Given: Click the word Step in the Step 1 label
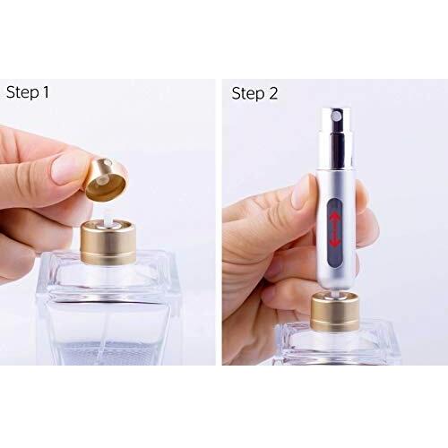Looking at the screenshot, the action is coord(22,92).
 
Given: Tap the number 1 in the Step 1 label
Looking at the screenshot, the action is coord(46,91).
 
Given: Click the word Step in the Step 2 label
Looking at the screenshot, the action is coord(248,93).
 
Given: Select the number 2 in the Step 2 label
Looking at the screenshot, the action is coord(273,93).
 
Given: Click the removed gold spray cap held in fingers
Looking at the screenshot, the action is coord(107,180).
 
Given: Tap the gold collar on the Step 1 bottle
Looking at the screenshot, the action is coord(108,244).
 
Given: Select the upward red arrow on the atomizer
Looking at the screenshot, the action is coord(334,218).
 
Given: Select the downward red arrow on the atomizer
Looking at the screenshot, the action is coord(335,239).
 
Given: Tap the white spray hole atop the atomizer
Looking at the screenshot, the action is coord(337,116).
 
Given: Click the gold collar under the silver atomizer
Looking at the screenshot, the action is coord(335,312).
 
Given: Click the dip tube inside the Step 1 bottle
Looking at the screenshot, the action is coord(105,329).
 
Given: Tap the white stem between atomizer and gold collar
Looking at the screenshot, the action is coord(335,295).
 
